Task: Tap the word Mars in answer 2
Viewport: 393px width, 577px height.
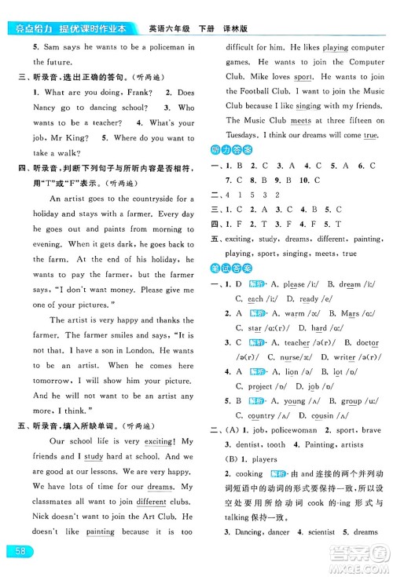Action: click(350, 313)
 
